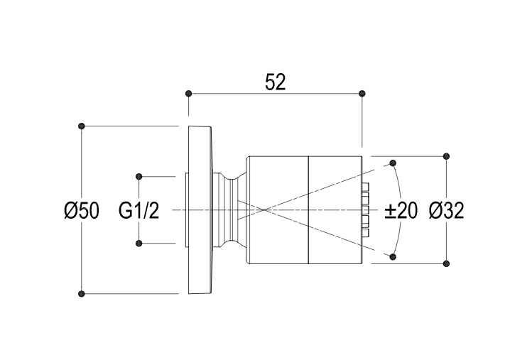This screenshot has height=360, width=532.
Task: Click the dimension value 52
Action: [x=275, y=82]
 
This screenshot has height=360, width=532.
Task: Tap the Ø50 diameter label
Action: [x=81, y=211]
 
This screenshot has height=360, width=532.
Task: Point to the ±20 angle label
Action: [x=401, y=211]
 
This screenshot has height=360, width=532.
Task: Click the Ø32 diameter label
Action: [x=447, y=211]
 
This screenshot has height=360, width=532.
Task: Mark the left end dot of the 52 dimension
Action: [x=188, y=93]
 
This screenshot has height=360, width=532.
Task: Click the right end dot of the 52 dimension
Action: [x=362, y=93]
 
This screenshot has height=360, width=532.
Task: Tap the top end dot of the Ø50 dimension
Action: [x=82, y=126]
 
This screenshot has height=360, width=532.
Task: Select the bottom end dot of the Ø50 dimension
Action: [x=82, y=293]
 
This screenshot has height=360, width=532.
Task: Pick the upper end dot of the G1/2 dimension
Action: [x=139, y=176]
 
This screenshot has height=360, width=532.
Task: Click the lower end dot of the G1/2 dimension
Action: [x=139, y=244]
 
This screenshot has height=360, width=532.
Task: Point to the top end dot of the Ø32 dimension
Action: [x=446, y=156]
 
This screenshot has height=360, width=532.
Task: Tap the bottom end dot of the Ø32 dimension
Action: [x=446, y=263]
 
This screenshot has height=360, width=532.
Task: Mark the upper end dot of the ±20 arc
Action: [x=392, y=163]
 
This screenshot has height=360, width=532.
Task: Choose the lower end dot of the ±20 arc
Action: [x=392, y=256]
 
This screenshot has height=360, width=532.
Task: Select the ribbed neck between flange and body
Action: [x=229, y=209]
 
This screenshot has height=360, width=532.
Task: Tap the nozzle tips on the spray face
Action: [x=367, y=210]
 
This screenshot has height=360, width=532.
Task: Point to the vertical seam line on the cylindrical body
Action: [x=308, y=234]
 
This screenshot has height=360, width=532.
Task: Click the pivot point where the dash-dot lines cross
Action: [x=264, y=209]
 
